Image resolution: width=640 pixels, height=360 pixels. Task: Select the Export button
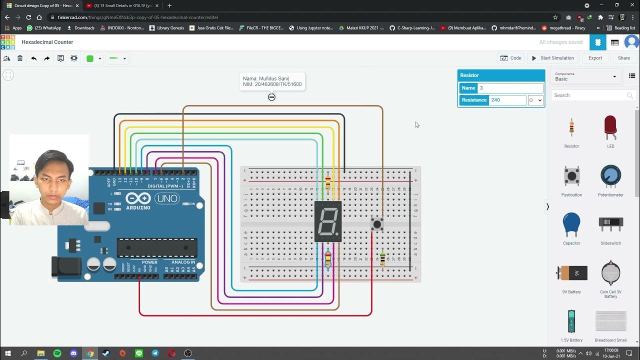595,58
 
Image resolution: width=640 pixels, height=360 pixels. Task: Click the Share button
623,58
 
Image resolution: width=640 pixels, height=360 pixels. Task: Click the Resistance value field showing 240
507,100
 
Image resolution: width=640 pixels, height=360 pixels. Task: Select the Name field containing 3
510,88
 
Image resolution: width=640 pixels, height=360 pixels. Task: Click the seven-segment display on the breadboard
328,221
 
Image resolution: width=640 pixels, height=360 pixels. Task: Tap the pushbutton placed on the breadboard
377,224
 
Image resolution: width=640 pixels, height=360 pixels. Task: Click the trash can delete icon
20,58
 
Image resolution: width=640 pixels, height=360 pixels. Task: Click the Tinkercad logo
7,42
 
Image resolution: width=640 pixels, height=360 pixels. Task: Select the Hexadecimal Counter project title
47,42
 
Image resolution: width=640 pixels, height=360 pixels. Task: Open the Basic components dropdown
585,76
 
